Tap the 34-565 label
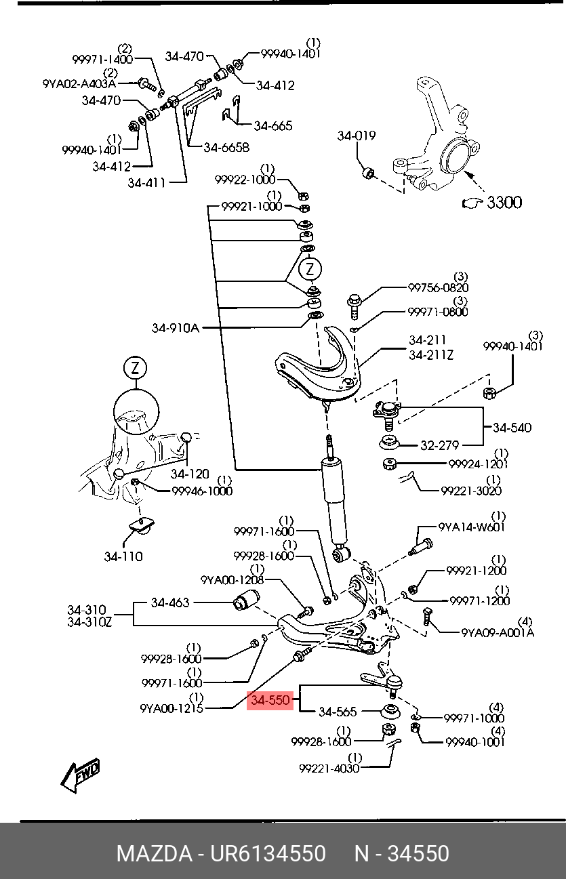click(x=337, y=712)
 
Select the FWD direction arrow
click(x=80, y=774)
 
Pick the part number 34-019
click(x=356, y=136)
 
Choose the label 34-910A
click(x=176, y=328)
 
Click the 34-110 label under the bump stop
click(x=123, y=556)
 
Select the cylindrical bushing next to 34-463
click(x=247, y=601)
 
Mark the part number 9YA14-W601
click(x=471, y=527)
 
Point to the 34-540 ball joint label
click(x=512, y=428)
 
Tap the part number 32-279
click(x=439, y=445)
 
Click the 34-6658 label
click(x=226, y=147)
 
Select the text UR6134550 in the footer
click(x=270, y=853)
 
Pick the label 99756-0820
click(x=438, y=287)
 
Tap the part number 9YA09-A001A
click(x=498, y=632)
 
